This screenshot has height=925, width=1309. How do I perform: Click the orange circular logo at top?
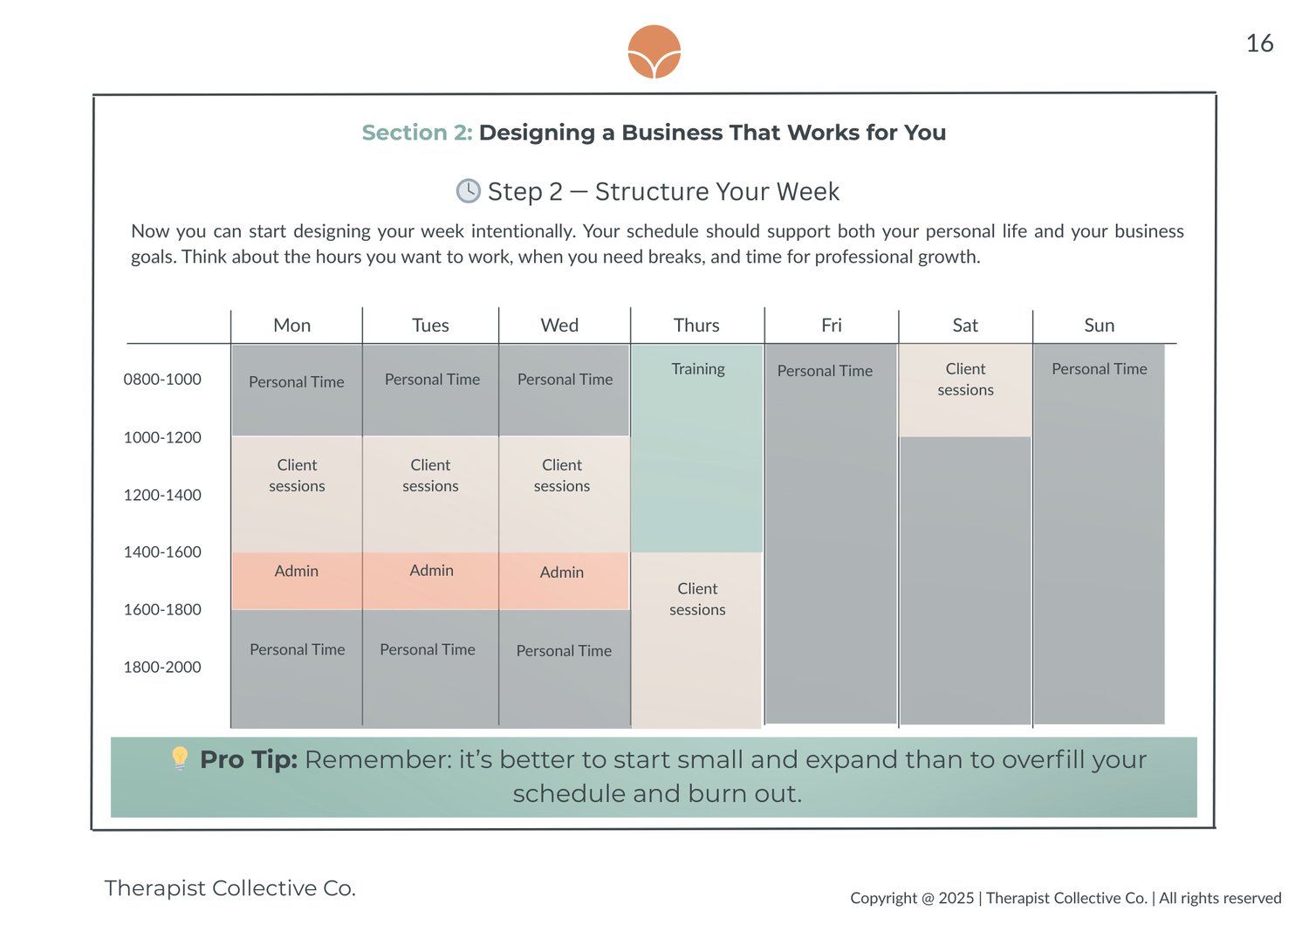654,51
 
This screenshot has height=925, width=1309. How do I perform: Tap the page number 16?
1259,44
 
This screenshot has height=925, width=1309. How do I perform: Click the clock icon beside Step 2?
468,191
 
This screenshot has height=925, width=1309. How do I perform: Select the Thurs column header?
696,325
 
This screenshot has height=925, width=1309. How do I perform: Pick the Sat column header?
965,325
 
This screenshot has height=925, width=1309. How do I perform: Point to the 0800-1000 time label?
162,380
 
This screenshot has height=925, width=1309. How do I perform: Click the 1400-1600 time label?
162,552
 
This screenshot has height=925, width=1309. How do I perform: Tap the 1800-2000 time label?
162,667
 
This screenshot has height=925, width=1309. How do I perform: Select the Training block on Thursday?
697,449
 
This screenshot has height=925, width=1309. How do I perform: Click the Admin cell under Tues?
431,581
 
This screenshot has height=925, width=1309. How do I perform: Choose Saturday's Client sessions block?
965,390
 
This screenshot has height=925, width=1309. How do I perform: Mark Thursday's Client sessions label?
697,599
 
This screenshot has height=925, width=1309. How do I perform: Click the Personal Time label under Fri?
825,371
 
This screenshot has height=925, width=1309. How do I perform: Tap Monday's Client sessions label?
297,475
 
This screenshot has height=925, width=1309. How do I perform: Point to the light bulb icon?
180,758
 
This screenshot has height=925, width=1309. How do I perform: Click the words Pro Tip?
249,759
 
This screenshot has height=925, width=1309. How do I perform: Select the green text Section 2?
417,133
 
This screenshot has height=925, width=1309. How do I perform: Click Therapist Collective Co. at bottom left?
230,888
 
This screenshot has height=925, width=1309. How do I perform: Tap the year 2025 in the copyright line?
956,898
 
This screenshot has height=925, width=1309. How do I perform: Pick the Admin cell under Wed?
564,581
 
